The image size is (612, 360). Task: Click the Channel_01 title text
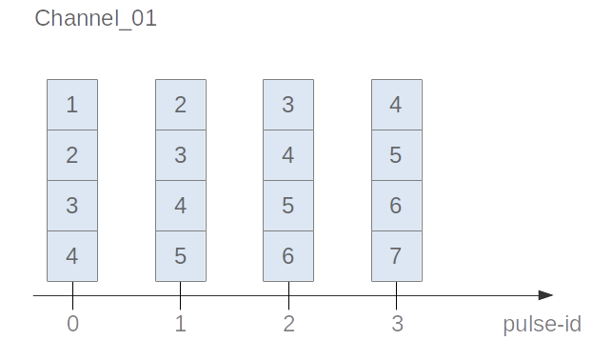point(95,19)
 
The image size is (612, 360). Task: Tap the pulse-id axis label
point(542,325)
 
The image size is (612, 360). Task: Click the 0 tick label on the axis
point(72,325)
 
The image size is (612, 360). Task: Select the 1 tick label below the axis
point(181,325)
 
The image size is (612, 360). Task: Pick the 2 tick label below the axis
point(288,325)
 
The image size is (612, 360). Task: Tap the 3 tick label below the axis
point(397,325)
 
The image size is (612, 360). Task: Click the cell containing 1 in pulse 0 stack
point(72,104)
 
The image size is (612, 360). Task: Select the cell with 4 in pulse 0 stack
point(72,256)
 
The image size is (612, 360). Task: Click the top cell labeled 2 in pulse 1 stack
point(181,104)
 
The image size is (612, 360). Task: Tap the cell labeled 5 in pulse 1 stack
point(181,256)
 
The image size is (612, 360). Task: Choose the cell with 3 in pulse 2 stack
point(288,104)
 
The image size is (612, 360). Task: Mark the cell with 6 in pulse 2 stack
point(288,256)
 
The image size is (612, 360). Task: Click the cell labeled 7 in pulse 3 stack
point(397,256)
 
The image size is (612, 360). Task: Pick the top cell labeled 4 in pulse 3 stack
point(397,104)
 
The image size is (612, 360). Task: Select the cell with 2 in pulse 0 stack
point(72,154)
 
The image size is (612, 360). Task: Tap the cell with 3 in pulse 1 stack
point(181,154)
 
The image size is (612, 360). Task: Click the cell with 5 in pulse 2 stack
point(288,206)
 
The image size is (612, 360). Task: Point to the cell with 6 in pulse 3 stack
point(397,206)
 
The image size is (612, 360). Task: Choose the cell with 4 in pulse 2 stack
point(288,154)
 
